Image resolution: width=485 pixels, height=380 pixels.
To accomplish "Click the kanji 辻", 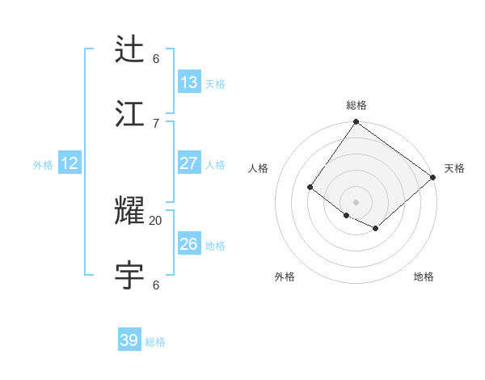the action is pyautogui.click(x=130, y=49).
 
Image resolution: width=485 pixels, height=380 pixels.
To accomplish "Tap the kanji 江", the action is pyautogui.click(x=130, y=113).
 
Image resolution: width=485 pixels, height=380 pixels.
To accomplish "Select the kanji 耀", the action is pyautogui.click(x=130, y=211).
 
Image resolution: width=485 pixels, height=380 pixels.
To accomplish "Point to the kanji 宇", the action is pyautogui.click(x=130, y=275).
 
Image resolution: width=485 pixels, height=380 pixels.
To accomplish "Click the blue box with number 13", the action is pyautogui.click(x=188, y=82).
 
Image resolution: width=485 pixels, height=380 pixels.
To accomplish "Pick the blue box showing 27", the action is pyautogui.click(x=188, y=163).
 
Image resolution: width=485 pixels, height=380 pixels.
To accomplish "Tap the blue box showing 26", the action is pyautogui.click(x=188, y=244).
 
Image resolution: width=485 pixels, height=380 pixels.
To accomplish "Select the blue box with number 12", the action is pyautogui.click(x=70, y=163).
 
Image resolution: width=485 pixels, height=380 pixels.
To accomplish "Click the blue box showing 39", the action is pyautogui.click(x=129, y=340).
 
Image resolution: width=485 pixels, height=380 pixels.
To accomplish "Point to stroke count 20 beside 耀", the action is pyautogui.click(x=156, y=220).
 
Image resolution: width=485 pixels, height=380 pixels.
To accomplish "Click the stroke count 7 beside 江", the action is pyautogui.click(x=156, y=123).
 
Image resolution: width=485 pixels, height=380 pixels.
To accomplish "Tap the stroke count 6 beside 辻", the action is pyautogui.click(x=156, y=58).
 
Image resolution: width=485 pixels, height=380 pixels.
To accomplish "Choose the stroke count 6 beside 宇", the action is pyautogui.click(x=156, y=285).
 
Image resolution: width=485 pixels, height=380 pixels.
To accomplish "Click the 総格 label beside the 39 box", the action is pyautogui.click(x=155, y=342).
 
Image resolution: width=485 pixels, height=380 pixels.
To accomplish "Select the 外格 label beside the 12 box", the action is pyautogui.click(x=43, y=165).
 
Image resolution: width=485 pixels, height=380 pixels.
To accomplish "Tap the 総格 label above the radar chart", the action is pyautogui.click(x=356, y=105).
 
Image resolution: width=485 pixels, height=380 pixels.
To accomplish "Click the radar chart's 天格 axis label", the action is pyautogui.click(x=454, y=168).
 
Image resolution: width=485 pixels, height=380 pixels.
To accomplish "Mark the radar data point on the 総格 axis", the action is pyautogui.click(x=356, y=123).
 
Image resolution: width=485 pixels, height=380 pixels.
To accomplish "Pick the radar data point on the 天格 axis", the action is pyautogui.click(x=433, y=177).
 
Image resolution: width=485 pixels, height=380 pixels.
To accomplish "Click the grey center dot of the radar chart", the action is pyautogui.click(x=356, y=202).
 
